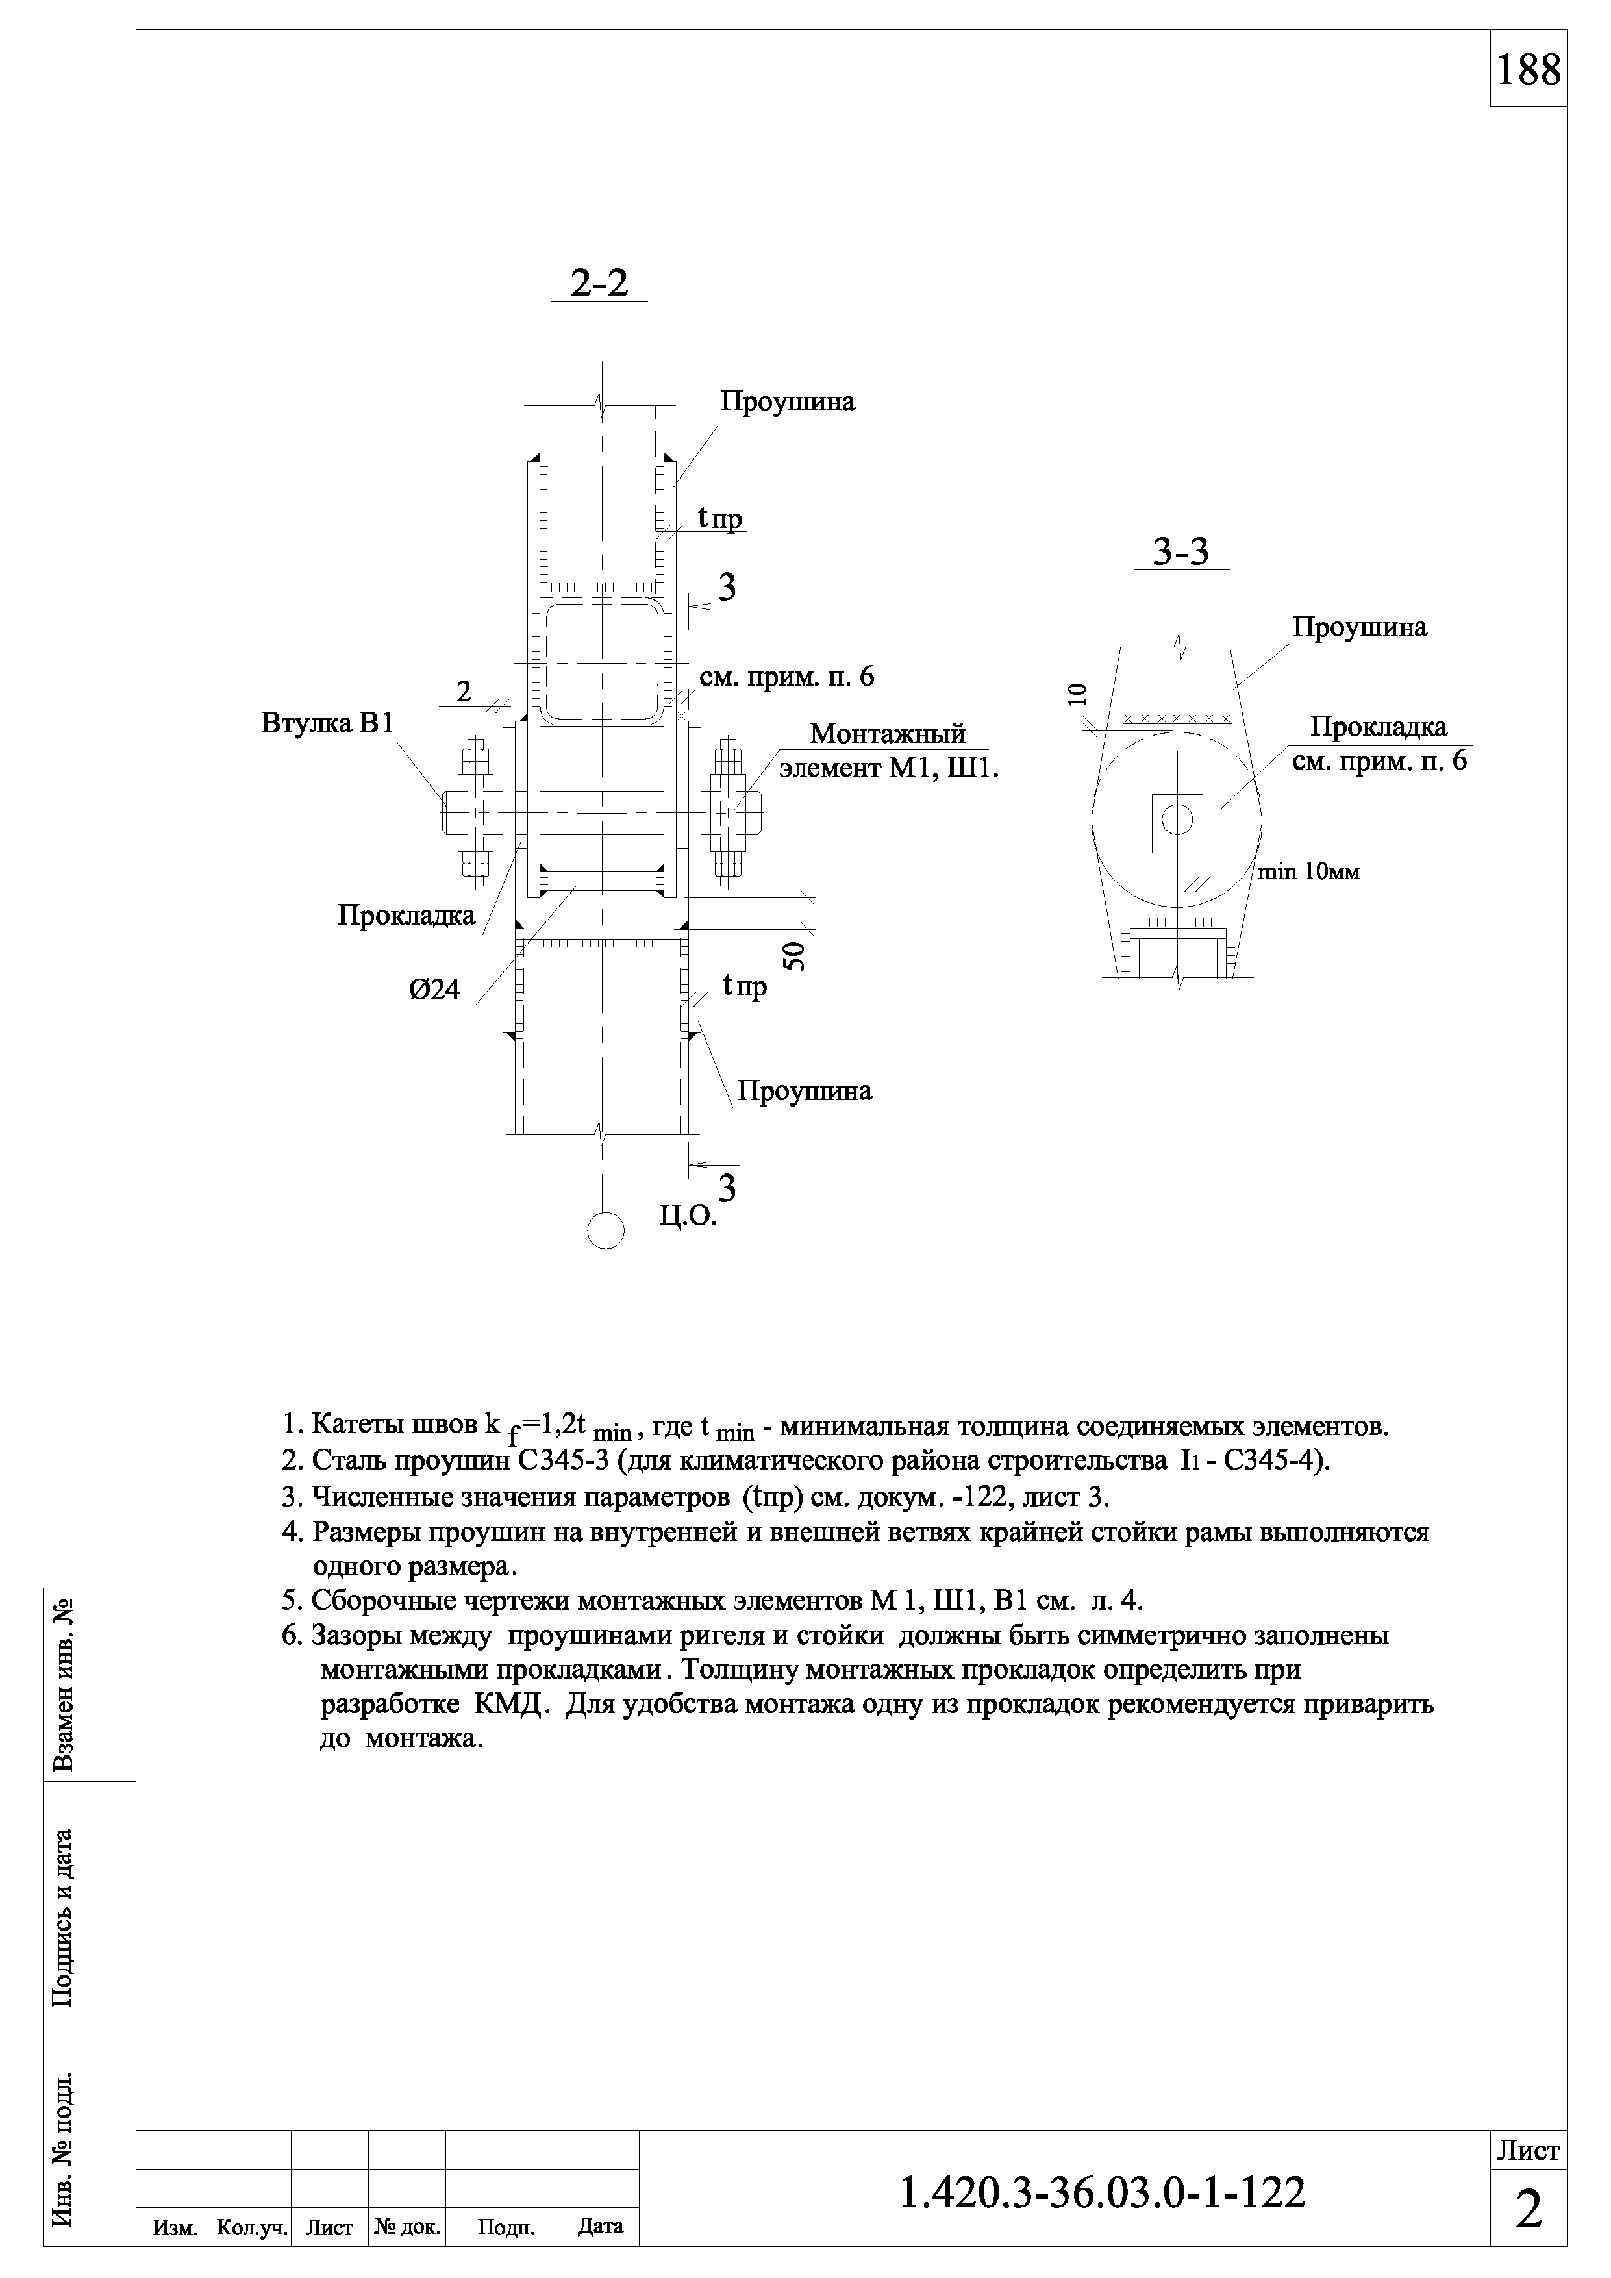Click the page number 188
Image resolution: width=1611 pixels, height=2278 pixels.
pos(1528,70)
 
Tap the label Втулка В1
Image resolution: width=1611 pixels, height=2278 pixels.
pos(327,723)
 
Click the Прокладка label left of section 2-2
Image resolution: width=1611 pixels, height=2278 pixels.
pos(406,915)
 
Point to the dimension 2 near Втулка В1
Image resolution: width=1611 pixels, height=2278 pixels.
pos(463,692)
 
